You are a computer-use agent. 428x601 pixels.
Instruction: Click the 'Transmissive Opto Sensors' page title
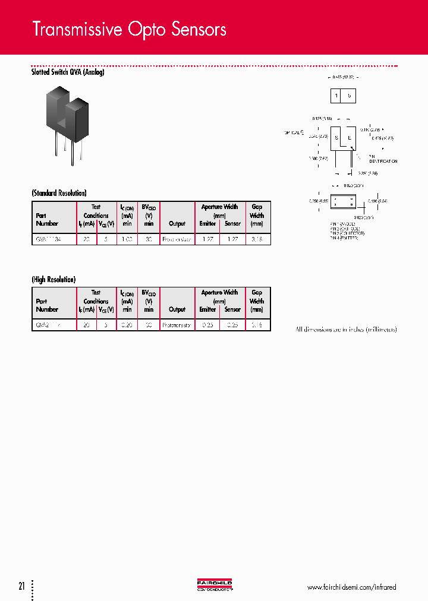click(129, 29)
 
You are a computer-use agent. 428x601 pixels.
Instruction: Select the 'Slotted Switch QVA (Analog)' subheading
click(68, 72)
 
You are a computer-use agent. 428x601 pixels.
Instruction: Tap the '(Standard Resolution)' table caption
click(59, 193)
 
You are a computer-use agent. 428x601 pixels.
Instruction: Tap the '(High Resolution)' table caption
click(53, 279)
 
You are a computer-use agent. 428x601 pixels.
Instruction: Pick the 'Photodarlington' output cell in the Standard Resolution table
click(177, 239)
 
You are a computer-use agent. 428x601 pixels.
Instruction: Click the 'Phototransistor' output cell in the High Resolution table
click(177, 325)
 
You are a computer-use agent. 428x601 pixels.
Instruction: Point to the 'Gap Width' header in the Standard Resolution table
click(257, 216)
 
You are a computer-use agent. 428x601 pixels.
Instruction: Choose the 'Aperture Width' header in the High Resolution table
click(219, 292)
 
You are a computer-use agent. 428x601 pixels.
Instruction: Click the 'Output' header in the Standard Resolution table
click(177, 224)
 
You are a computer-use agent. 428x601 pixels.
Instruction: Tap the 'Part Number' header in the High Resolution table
click(47, 305)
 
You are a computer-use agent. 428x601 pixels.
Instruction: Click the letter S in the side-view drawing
click(336, 138)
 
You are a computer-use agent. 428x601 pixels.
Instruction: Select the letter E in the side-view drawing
click(350, 138)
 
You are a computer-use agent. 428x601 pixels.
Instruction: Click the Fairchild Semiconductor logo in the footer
click(214, 586)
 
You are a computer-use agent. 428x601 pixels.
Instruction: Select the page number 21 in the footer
click(21, 587)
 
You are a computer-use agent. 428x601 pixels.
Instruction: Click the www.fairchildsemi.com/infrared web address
click(351, 587)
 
